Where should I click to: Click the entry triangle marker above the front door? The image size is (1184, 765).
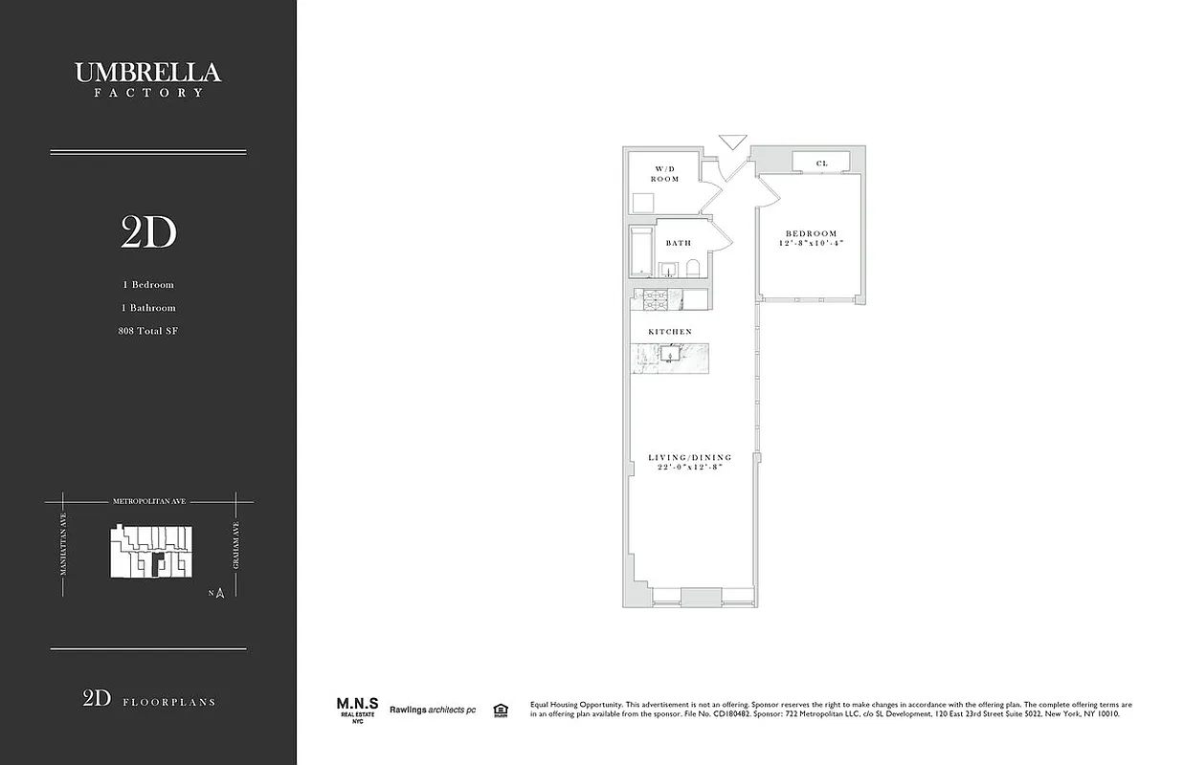(732, 142)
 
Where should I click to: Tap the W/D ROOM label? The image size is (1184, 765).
(665, 174)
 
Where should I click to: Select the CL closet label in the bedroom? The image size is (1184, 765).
(821, 164)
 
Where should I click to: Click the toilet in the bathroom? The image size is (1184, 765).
(694, 268)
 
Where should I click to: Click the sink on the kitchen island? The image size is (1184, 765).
(670, 355)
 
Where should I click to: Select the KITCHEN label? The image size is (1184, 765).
(670, 332)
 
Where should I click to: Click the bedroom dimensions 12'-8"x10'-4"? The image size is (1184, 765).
(811, 244)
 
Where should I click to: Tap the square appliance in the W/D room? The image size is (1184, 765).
(642, 203)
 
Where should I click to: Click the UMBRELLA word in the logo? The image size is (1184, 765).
(147, 73)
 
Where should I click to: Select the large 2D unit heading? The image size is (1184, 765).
(148, 232)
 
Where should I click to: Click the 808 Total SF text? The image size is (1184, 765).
(147, 331)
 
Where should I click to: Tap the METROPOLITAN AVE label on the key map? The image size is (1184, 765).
(147, 501)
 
